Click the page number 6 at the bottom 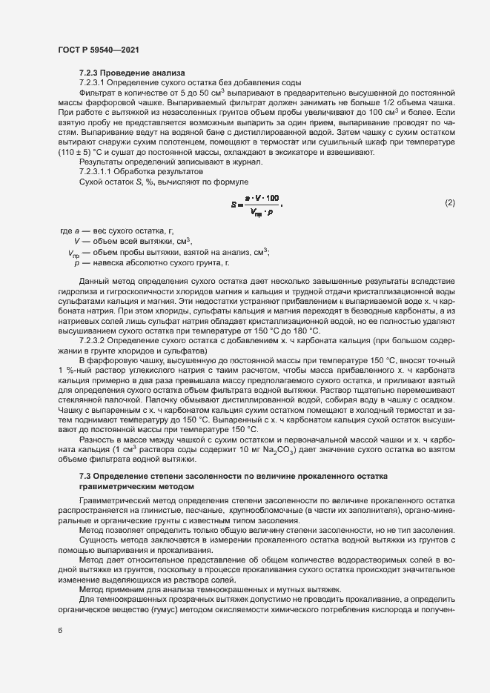tap(61, 630)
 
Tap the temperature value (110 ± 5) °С tap(85, 152)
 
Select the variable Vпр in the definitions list tap(73, 253)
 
